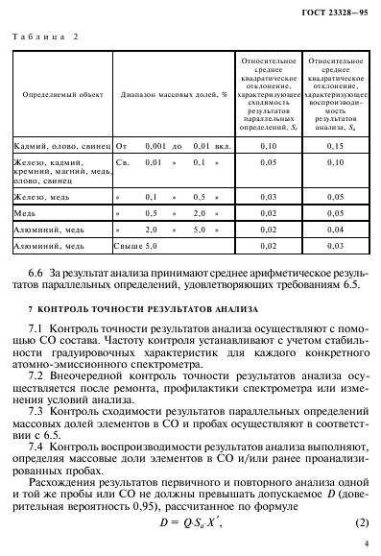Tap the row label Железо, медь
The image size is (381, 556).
tap(43, 195)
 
